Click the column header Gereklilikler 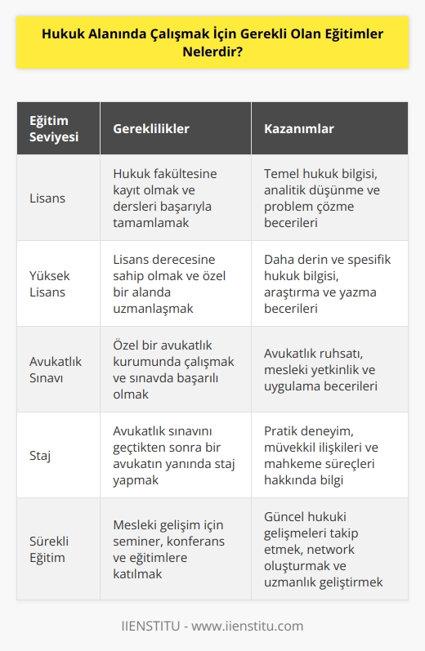pyautogui.click(x=150, y=129)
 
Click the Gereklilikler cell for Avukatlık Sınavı pyautogui.click(x=173, y=369)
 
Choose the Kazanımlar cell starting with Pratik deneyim pyautogui.click(x=324, y=455)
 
